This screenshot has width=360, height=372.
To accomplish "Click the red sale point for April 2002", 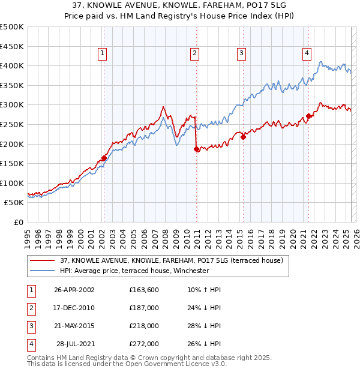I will [104, 158].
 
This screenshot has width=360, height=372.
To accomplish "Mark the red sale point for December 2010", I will [197, 149].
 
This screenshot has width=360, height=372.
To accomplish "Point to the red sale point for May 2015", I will [244, 137].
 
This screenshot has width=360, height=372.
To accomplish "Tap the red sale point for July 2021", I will [308, 116].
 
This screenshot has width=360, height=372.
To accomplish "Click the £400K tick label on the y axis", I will [12, 65].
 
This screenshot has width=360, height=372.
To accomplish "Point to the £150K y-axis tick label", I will [12, 163].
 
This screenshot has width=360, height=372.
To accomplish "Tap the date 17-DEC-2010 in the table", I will [74, 308].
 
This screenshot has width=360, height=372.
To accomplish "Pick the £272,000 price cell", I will [144, 344].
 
